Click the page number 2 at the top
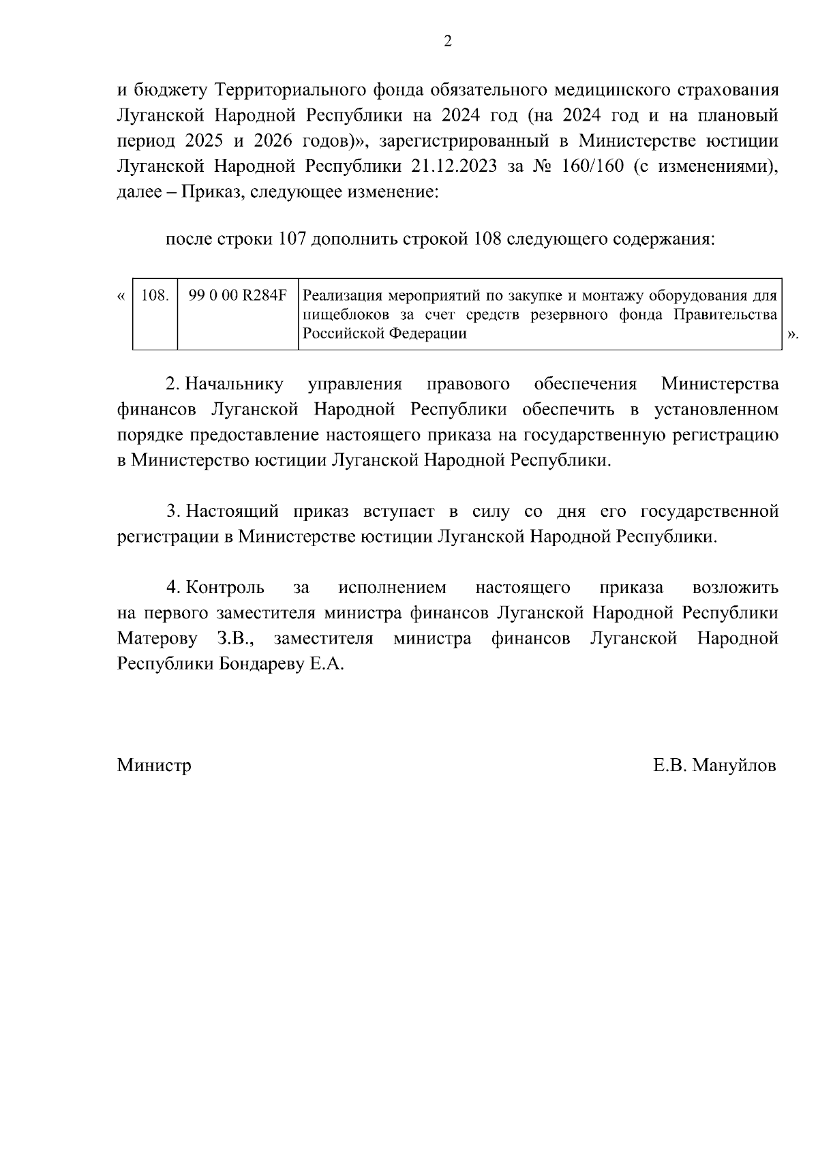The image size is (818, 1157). click(x=447, y=42)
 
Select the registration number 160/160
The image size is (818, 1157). click(x=590, y=166)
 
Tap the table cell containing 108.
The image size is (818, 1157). click(x=155, y=297)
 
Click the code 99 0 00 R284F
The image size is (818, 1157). click(x=237, y=297)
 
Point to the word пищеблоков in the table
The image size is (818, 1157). click(x=339, y=315)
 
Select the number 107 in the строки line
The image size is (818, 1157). click(x=292, y=240)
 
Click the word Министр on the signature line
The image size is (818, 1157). click(x=154, y=766)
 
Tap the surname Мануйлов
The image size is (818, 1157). click(x=734, y=766)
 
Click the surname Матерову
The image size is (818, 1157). click(x=158, y=639)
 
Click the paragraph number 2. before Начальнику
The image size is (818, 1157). click(x=173, y=385)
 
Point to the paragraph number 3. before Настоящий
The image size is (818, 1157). click(x=173, y=511)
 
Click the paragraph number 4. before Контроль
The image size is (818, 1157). click(x=173, y=588)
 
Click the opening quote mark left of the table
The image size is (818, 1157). click(x=121, y=297)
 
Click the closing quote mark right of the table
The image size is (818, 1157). click(x=791, y=335)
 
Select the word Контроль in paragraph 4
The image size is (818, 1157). click(x=224, y=588)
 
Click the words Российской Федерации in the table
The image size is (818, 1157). click(x=384, y=334)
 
